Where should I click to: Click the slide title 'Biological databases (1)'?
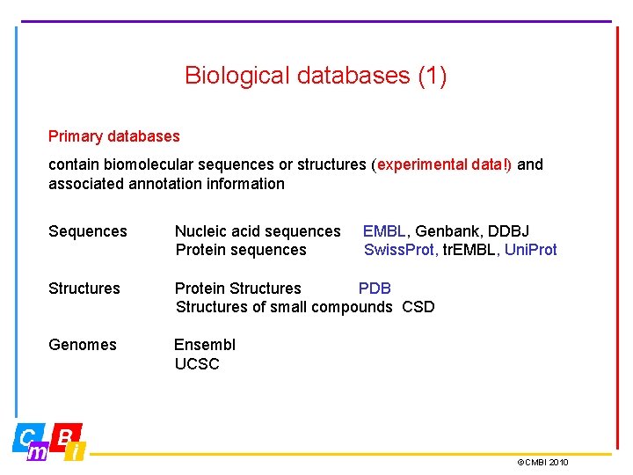coord(316,76)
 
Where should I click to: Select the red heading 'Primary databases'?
coord(113,136)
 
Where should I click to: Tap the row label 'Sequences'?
coord(88,231)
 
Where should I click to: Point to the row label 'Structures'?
coord(84,289)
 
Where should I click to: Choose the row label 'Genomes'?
coord(83,345)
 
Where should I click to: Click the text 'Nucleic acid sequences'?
coord(258,231)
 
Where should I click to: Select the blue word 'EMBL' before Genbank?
coord(384,231)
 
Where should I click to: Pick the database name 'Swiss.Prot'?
coord(399,250)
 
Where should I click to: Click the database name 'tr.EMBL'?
coord(470,250)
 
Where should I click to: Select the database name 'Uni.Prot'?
coord(531,250)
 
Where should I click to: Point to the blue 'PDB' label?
coord(375,289)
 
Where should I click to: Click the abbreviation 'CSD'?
coord(418,307)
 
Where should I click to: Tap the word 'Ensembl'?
coord(205,345)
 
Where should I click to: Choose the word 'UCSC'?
coord(197,364)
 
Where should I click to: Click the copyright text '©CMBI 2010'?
coord(542,463)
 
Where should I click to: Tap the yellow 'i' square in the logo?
coord(76,451)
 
